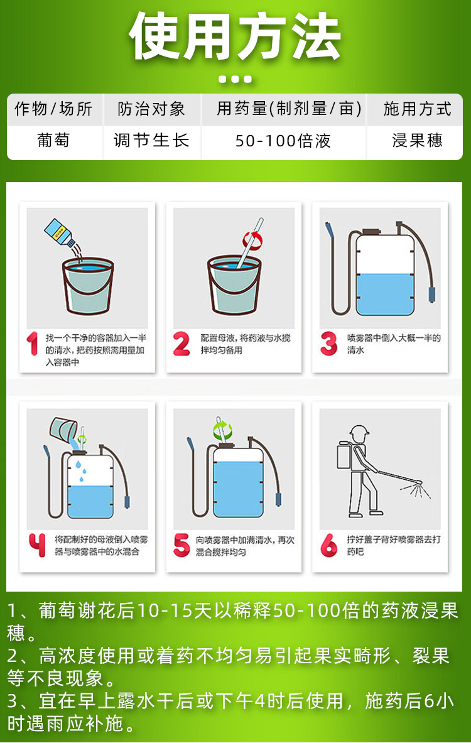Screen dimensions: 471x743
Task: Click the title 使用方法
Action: click(235, 36)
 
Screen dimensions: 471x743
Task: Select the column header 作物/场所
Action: click(53, 109)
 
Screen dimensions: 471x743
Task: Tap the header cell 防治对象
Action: click(151, 109)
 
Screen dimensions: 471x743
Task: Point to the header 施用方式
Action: click(417, 109)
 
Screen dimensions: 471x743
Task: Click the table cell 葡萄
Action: click(53, 140)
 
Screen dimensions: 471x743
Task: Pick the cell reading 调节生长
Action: click(151, 140)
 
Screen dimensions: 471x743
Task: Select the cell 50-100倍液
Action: click(283, 141)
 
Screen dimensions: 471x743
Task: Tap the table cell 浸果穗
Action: click(417, 140)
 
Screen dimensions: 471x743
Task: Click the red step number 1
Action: click(32, 344)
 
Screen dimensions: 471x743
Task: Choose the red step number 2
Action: click(181, 344)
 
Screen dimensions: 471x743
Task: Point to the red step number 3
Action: click(328, 344)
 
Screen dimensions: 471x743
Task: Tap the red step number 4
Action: click(37, 545)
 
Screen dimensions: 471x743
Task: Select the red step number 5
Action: click(181, 545)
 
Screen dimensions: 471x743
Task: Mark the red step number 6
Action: click(328, 545)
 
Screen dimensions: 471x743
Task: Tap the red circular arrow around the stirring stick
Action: click(252, 240)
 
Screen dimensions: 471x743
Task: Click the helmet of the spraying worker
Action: click(359, 431)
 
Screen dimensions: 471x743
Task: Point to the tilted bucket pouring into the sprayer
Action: click(63, 430)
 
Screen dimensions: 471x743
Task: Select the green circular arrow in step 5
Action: click(223, 430)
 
